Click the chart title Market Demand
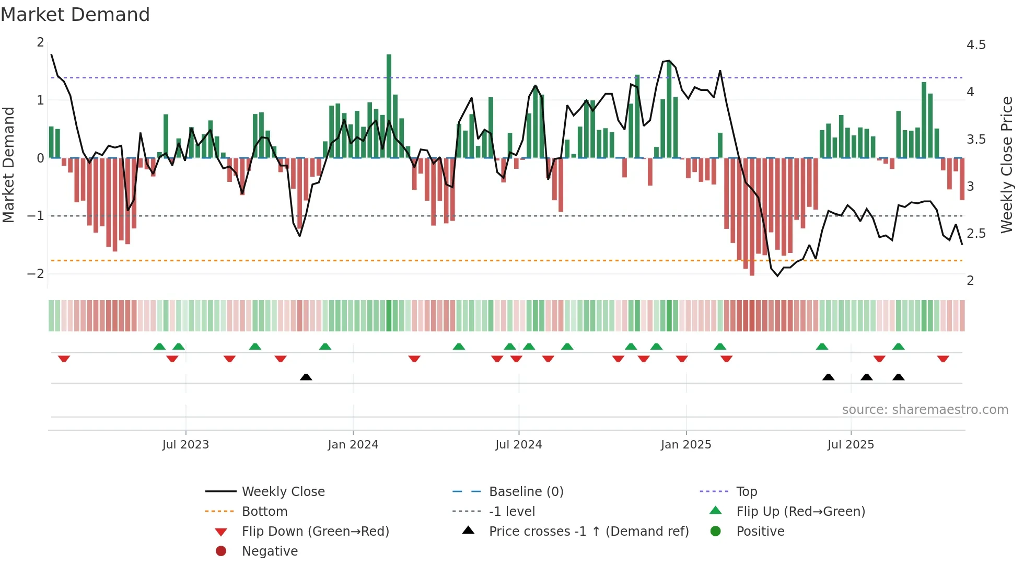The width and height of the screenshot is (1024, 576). click(x=75, y=15)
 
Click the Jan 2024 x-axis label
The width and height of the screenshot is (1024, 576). click(x=353, y=445)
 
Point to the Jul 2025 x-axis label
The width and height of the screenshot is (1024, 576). click(x=851, y=445)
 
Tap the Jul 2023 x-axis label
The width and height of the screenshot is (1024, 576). click(x=185, y=445)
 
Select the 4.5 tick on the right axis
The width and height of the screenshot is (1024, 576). click(x=975, y=45)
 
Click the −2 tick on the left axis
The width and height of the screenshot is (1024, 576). click(x=36, y=273)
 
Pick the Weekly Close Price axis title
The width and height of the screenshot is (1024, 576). click(x=1006, y=165)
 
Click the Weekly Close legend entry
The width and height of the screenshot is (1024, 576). click(x=283, y=492)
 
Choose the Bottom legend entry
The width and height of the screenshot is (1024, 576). click(x=264, y=512)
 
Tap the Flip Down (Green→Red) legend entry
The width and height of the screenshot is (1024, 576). click(x=315, y=532)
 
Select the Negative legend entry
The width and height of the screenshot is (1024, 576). click(x=270, y=551)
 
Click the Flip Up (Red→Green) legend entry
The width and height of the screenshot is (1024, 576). click(x=800, y=512)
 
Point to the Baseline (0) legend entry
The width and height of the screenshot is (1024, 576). click(x=526, y=492)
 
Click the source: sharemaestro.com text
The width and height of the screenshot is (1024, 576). click(x=925, y=410)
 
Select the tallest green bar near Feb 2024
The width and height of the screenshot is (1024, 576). click(x=389, y=105)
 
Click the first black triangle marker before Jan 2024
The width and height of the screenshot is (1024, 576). click(x=306, y=377)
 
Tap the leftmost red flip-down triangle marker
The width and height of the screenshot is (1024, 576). click(x=64, y=359)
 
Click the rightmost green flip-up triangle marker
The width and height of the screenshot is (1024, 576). click(x=898, y=347)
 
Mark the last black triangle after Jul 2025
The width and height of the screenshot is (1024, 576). click(x=898, y=377)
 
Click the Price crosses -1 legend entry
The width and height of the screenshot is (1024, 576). click(x=588, y=532)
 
